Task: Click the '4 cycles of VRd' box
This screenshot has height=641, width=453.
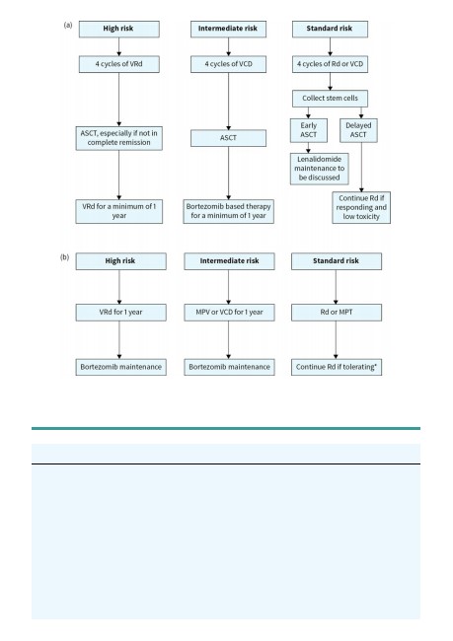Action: click(x=119, y=64)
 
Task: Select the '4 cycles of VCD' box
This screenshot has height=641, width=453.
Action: click(x=228, y=64)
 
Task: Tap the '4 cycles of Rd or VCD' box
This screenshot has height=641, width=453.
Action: click(x=330, y=64)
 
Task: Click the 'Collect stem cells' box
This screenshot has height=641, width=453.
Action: click(x=330, y=98)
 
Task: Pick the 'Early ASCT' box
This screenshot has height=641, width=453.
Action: click(x=309, y=130)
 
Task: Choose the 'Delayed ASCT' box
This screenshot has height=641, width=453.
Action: click(x=358, y=130)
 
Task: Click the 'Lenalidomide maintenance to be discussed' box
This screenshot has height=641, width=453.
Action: click(x=319, y=169)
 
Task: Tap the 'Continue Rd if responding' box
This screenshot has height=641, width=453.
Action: click(x=361, y=208)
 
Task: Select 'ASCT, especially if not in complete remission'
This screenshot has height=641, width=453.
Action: click(x=118, y=138)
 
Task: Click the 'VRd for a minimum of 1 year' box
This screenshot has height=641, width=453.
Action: click(x=118, y=211)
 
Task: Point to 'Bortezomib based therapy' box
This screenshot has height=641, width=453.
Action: click(x=228, y=211)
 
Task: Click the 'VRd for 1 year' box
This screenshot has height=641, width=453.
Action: click(x=120, y=313)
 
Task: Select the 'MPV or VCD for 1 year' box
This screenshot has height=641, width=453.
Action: click(x=229, y=313)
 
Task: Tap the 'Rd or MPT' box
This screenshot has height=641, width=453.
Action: click(x=337, y=313)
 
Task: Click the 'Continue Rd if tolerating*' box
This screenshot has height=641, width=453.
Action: click(x=337, y=367)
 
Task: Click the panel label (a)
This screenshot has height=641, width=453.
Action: click(x=68, y=26)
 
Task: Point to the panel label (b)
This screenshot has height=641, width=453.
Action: click(x=65, y=257)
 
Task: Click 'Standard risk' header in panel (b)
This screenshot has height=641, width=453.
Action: click(x=337, y=261)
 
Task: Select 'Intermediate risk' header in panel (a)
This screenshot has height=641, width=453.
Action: click(x=228, y=29)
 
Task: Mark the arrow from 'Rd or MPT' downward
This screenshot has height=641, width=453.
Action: click(x=336, y=339)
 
